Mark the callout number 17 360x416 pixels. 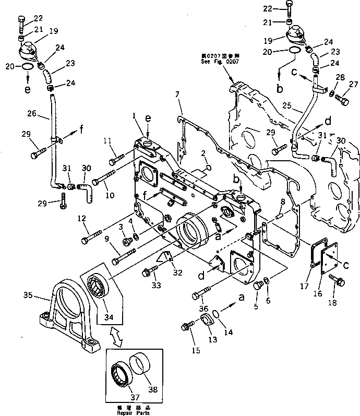pyautogui.click(x=305, y=285)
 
